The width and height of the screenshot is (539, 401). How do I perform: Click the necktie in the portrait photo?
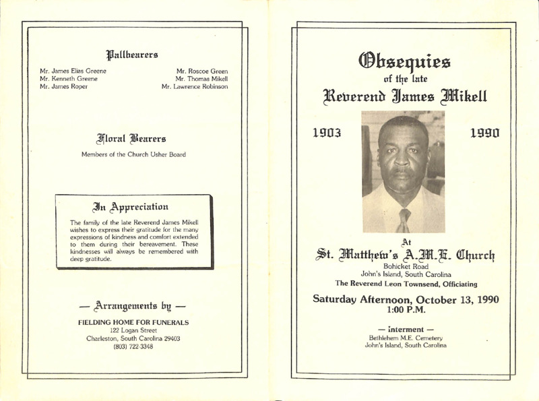[403, 220]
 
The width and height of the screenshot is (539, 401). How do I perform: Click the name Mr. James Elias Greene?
[73, 71]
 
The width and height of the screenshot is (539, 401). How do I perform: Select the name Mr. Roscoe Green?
[201, 71]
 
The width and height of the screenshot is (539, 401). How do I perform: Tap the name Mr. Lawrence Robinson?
[195, 87]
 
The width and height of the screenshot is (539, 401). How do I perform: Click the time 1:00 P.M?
[404, 311]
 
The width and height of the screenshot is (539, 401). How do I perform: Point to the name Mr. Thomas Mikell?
[201, 79]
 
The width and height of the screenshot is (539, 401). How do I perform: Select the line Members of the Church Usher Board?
[133, 156]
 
